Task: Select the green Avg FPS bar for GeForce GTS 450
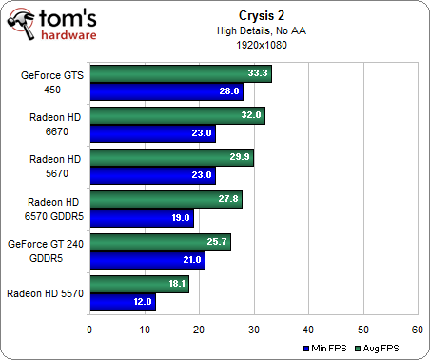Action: point(180,74)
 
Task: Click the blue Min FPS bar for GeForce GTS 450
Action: point(166,91)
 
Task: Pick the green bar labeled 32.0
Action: point(176,116)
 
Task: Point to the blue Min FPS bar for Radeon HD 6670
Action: point(151,133)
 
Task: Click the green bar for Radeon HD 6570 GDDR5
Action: point(166,200)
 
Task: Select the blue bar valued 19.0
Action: point(141,217)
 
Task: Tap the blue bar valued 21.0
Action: point(147,259)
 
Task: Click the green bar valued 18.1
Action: point(139,284)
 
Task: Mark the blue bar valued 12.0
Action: point(122,301)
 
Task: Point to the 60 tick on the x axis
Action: point(418,330)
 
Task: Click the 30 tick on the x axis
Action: point(253,330)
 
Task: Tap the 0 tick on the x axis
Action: point(89,330)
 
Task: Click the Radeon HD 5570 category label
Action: point(45,292)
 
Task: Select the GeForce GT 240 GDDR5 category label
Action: point(45,250)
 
